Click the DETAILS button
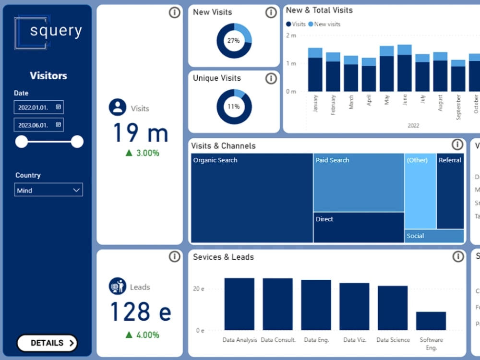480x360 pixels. (x=47, y=343)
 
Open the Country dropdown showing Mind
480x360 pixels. (x=48, y=190)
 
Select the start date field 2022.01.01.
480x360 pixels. (x=38, y=107)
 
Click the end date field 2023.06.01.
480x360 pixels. (x=38, y=125)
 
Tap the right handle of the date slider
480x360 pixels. (x=77, y=142)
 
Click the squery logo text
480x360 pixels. (x=56, y=31)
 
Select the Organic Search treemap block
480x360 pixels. (x=252, y=198)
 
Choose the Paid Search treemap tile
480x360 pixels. (x=359, y=182)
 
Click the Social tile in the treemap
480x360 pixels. (x=434, y=236)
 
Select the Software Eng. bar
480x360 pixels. (x=431, y=321)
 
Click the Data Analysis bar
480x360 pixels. (x=239, y=304)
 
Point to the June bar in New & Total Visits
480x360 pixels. (x=405, y=68)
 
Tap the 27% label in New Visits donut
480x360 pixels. (x=234, y=41)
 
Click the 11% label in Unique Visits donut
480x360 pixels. (x=234, y=107)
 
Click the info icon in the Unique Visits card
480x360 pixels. (x=271, y=78)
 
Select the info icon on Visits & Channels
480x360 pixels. (x=457, y=144)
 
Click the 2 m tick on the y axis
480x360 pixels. (x=291, y=36)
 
